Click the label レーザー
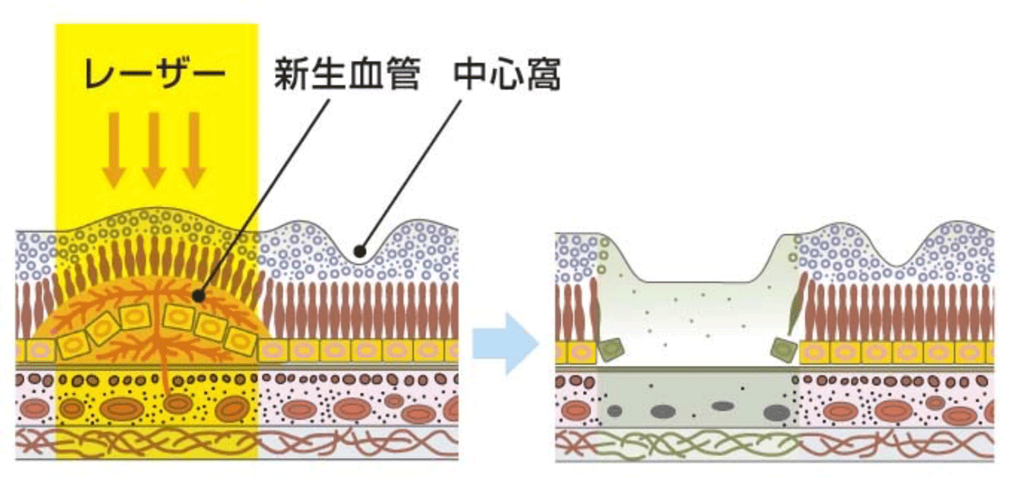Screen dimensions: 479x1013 click(x=154, y=75)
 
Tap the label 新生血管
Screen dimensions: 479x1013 click(x=347, y=75)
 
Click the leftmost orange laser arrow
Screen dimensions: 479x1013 click(x=113, y=148)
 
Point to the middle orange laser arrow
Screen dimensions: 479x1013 click(x=154, y=148)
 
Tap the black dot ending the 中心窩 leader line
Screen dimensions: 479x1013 click(x=360, y=250)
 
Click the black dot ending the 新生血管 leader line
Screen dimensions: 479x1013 click(x=199, y=296)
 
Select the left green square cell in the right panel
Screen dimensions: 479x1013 click(x=610, y=349)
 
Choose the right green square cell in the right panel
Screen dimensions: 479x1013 click(x=784, y=348)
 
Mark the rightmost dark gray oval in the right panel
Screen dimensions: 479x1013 click(x=775, y=412)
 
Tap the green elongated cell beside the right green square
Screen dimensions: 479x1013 click(x=796, y=312)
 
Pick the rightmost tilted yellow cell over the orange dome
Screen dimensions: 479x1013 click(x=241, y=339)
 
